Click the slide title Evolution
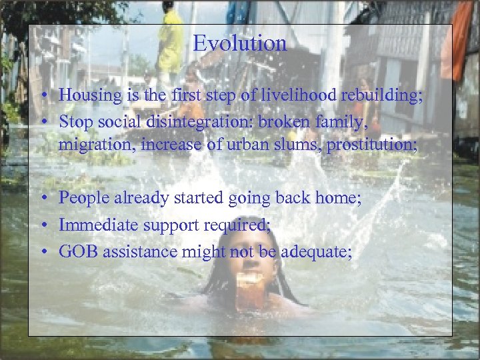(239, 44)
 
